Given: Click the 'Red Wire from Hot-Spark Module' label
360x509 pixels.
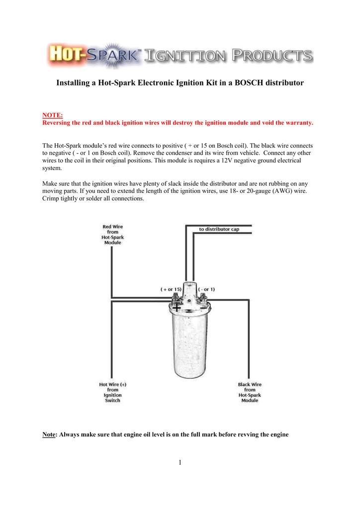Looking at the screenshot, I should click(112, 235).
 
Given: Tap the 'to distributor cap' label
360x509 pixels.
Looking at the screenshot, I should click(219, 229).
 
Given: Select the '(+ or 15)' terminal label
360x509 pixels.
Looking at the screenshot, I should click(171, 289).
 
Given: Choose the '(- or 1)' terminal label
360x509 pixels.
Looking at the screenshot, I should click(206, 289).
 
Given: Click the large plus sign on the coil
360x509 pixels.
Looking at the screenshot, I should click(177, 309).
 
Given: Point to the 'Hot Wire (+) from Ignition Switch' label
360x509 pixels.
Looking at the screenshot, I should click(112, 392).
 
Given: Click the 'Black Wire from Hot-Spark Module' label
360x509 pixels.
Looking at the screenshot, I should click(250, 392).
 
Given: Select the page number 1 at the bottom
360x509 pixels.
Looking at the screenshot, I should click(180, 463).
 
